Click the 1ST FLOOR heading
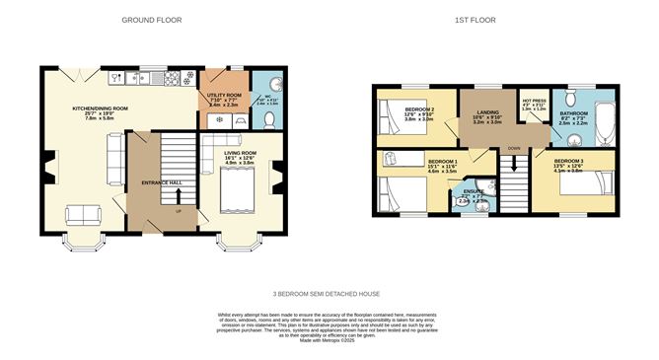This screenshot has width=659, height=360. coord(476,20)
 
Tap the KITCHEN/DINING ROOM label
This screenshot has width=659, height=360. coord(101,108)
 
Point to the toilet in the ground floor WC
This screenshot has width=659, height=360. coord(269,120)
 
